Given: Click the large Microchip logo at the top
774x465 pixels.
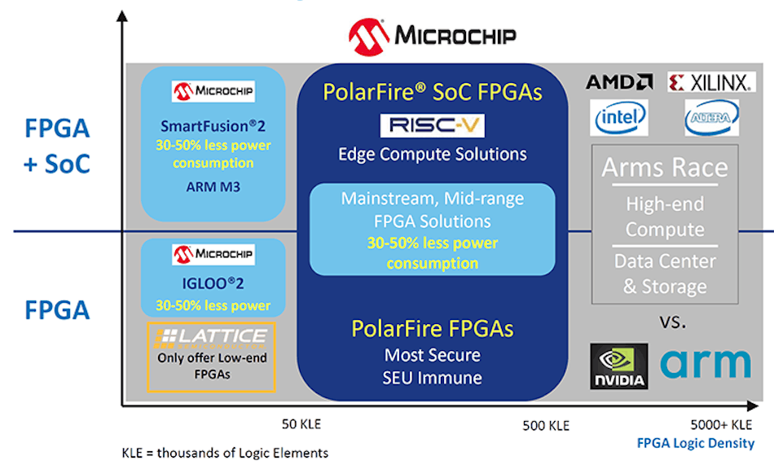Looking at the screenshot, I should pyautogui.click(x=432, y=35).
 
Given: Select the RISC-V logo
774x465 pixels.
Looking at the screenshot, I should pyautogui.click(x=420, y=125).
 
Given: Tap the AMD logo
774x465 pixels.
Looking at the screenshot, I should pyautogui.click(x=619, y=81).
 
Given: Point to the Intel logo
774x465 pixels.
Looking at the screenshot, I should pyautogui.click(x=619, y=118).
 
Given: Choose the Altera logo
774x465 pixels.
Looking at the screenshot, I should pyautogui.click(x=711, y=118).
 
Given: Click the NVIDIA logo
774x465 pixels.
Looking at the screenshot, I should pyautogui.click(x=618, y=366).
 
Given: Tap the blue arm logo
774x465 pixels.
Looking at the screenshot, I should pyautogui.click(x=706, y=362).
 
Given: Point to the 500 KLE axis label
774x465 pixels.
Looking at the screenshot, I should pyautogui.click(x=546, y=425).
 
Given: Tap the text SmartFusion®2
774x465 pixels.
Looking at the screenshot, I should pyautogui.click(x=213, y=127).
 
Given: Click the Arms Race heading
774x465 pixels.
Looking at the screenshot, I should pyautogui.click(x=664, y=168).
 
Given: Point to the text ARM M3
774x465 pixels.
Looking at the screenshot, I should pyautogui.click(x=213, y=188).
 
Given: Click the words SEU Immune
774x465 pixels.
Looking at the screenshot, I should pyautogui.click(x=432, y=378).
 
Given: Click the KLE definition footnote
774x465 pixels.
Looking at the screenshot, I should pyautogui.click(x=225, y=453).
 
